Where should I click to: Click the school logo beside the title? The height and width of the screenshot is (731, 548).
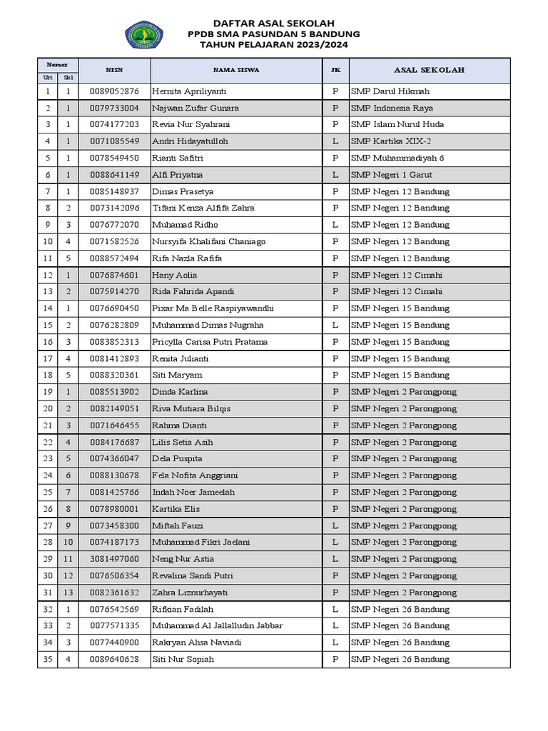[144, 34]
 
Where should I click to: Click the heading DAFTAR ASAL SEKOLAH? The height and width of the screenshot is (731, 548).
[273, 23]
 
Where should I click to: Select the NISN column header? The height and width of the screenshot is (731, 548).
[114, 70]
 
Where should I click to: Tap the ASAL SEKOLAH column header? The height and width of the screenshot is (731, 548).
[429, 70]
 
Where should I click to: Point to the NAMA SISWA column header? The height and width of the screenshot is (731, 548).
[235, 70]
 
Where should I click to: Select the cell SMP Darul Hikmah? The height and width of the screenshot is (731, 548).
[390, 91]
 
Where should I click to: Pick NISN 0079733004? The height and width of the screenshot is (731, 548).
[114, 108]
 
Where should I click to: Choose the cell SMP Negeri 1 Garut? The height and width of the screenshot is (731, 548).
[391, 175]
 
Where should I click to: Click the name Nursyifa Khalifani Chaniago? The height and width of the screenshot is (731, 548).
[208, 241]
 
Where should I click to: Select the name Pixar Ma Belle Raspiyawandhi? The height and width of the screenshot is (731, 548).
[213, 308]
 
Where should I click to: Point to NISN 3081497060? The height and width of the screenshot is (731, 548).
[114, 559]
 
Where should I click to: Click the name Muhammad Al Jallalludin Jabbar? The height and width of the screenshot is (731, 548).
[217, 625]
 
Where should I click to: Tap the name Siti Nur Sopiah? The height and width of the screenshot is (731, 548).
[183, 659]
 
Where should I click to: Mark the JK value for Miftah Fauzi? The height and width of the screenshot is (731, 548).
[335, 525]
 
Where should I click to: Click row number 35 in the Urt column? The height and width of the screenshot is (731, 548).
[48, 659]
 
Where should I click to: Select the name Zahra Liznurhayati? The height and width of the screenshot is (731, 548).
[189, 593]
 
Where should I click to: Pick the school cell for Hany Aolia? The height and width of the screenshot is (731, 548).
[396, 275]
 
